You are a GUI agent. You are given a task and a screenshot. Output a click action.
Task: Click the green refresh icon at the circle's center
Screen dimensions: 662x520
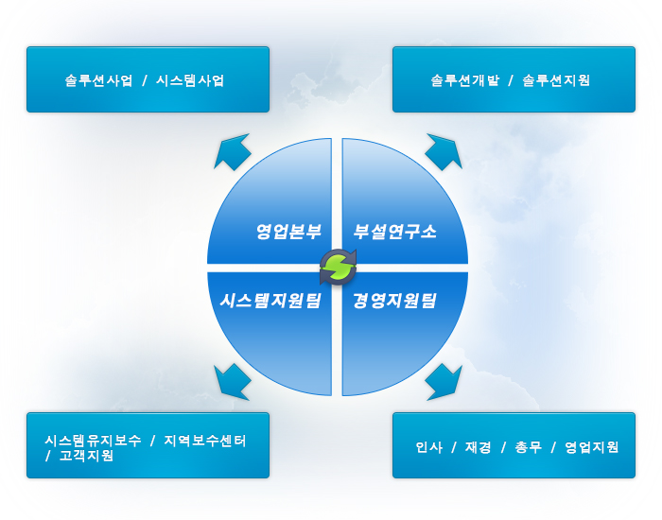(338, 267)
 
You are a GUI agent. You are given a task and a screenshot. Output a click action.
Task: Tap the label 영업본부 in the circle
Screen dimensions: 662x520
(288, 232)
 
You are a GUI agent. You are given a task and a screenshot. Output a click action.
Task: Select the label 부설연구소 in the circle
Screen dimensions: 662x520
(394, 232)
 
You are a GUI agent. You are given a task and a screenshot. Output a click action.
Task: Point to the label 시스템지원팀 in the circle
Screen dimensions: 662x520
(270, 301)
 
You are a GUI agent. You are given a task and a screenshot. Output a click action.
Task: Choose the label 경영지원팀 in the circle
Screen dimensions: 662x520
(394, 301)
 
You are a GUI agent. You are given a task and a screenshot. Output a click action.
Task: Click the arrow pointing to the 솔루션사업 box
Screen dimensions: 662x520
(233, 152)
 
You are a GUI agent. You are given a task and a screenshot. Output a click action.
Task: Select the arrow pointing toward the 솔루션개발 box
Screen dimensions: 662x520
(444, 152)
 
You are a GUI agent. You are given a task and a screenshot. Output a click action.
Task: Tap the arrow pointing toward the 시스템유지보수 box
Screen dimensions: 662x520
(233, 382)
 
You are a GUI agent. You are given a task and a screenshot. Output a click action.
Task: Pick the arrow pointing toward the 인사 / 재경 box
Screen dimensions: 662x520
(444, 382)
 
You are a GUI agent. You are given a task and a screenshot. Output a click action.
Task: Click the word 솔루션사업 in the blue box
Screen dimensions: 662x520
(98, 80)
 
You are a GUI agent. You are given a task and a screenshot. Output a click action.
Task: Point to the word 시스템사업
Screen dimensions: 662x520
(190, 80)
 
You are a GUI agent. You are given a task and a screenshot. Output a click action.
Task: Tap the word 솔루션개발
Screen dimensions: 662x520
(465, 80)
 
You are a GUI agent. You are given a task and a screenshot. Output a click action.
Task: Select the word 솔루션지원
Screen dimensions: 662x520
(556, 80)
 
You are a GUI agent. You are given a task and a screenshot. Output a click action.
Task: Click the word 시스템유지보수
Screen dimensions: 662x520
(93, 441)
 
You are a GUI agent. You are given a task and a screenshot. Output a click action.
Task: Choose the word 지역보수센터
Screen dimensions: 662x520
(205, 441)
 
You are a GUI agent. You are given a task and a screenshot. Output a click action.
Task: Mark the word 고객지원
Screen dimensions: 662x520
(86, 456)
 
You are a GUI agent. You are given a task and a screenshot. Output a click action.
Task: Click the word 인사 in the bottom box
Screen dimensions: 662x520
(429, 447)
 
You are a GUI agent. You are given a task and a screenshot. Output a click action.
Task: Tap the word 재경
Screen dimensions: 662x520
(478, 447)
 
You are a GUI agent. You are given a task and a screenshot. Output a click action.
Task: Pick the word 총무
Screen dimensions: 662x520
(528, 447)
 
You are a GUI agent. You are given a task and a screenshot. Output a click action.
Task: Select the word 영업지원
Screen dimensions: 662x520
(591, 447)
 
